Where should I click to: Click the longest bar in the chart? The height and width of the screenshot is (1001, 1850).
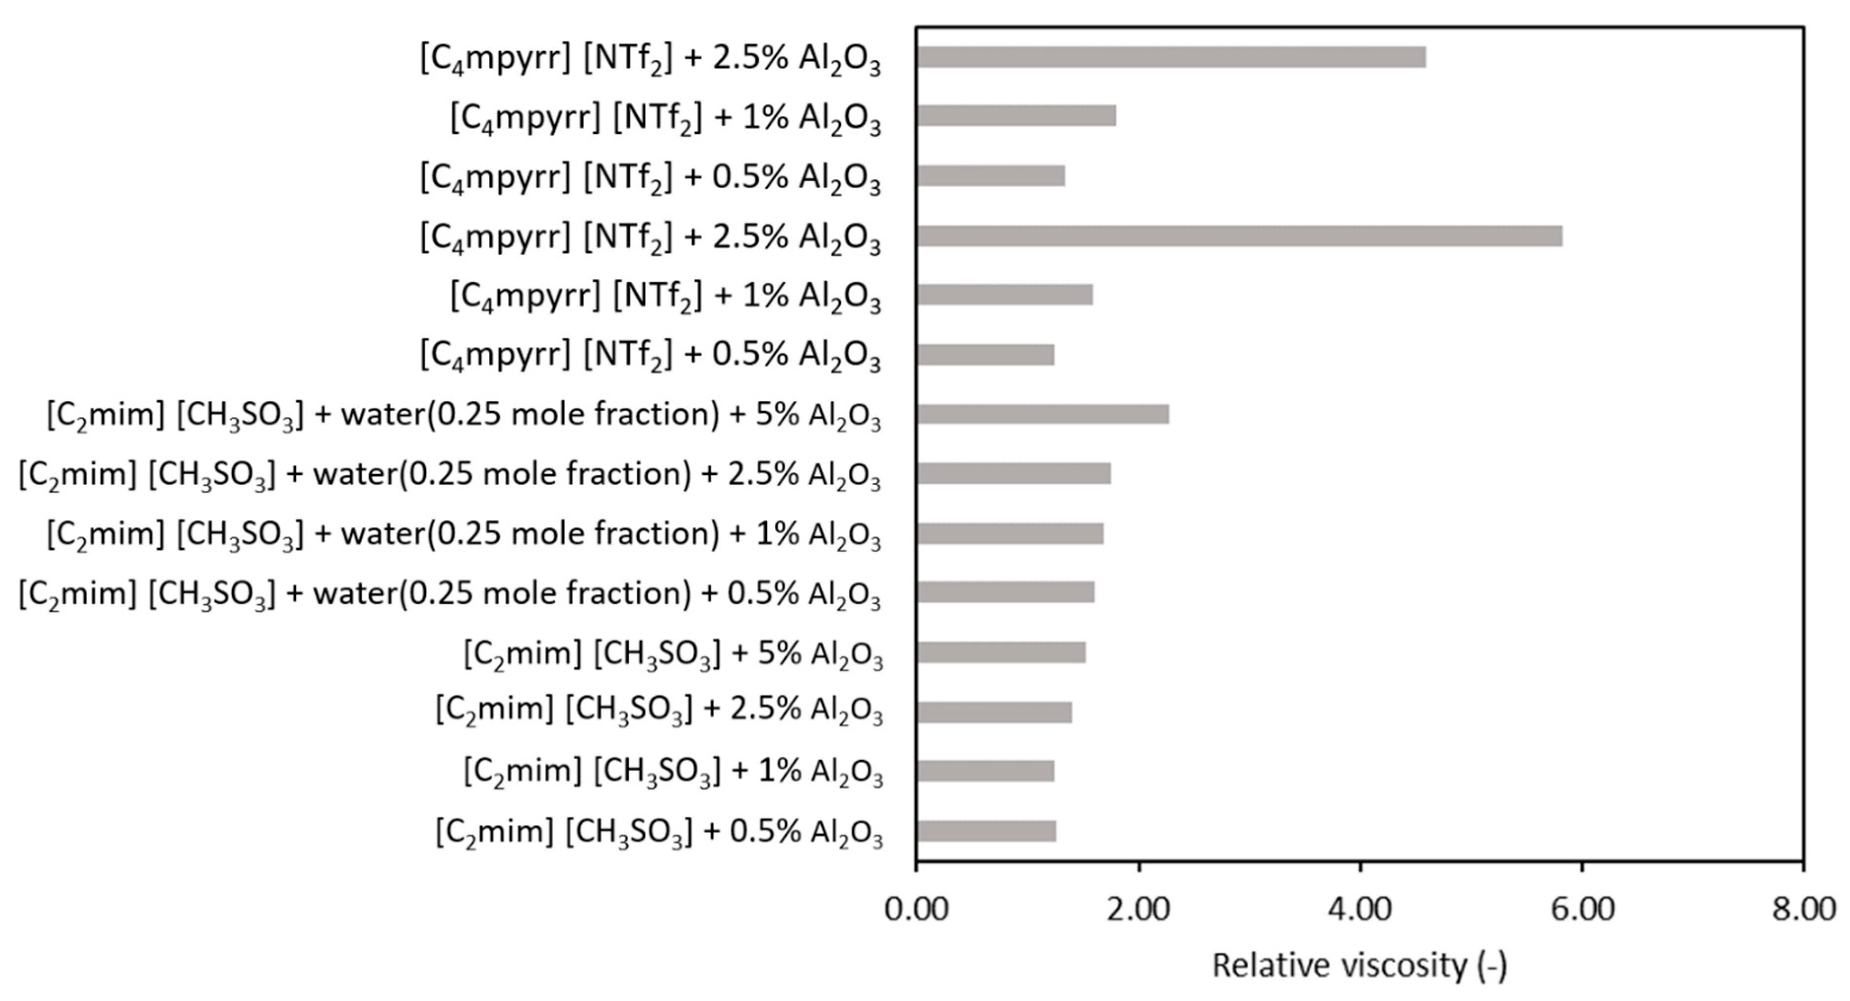(x=1239, y=236)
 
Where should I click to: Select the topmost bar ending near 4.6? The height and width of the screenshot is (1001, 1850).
(x=1171, y=58)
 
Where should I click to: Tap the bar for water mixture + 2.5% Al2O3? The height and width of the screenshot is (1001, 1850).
(x=1013, y=474)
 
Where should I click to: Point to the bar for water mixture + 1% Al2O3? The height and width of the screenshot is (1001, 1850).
(x=1010, y=534)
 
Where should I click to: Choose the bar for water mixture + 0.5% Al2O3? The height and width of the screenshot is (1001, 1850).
(x=1006, y=593)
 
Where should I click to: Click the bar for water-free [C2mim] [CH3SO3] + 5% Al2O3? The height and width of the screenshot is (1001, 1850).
(x=1001, y=653)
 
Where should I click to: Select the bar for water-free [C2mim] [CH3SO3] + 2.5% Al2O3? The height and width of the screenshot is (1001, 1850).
(x=994, y=712)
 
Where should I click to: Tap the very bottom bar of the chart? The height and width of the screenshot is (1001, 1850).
(x=985, y=831)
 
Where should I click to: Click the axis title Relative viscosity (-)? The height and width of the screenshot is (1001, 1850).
(x=1359, y=966)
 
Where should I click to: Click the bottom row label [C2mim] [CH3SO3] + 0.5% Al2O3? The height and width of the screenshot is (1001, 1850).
(x=659, y=834)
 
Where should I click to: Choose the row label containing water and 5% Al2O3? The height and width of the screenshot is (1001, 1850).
(x=463, y=416)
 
